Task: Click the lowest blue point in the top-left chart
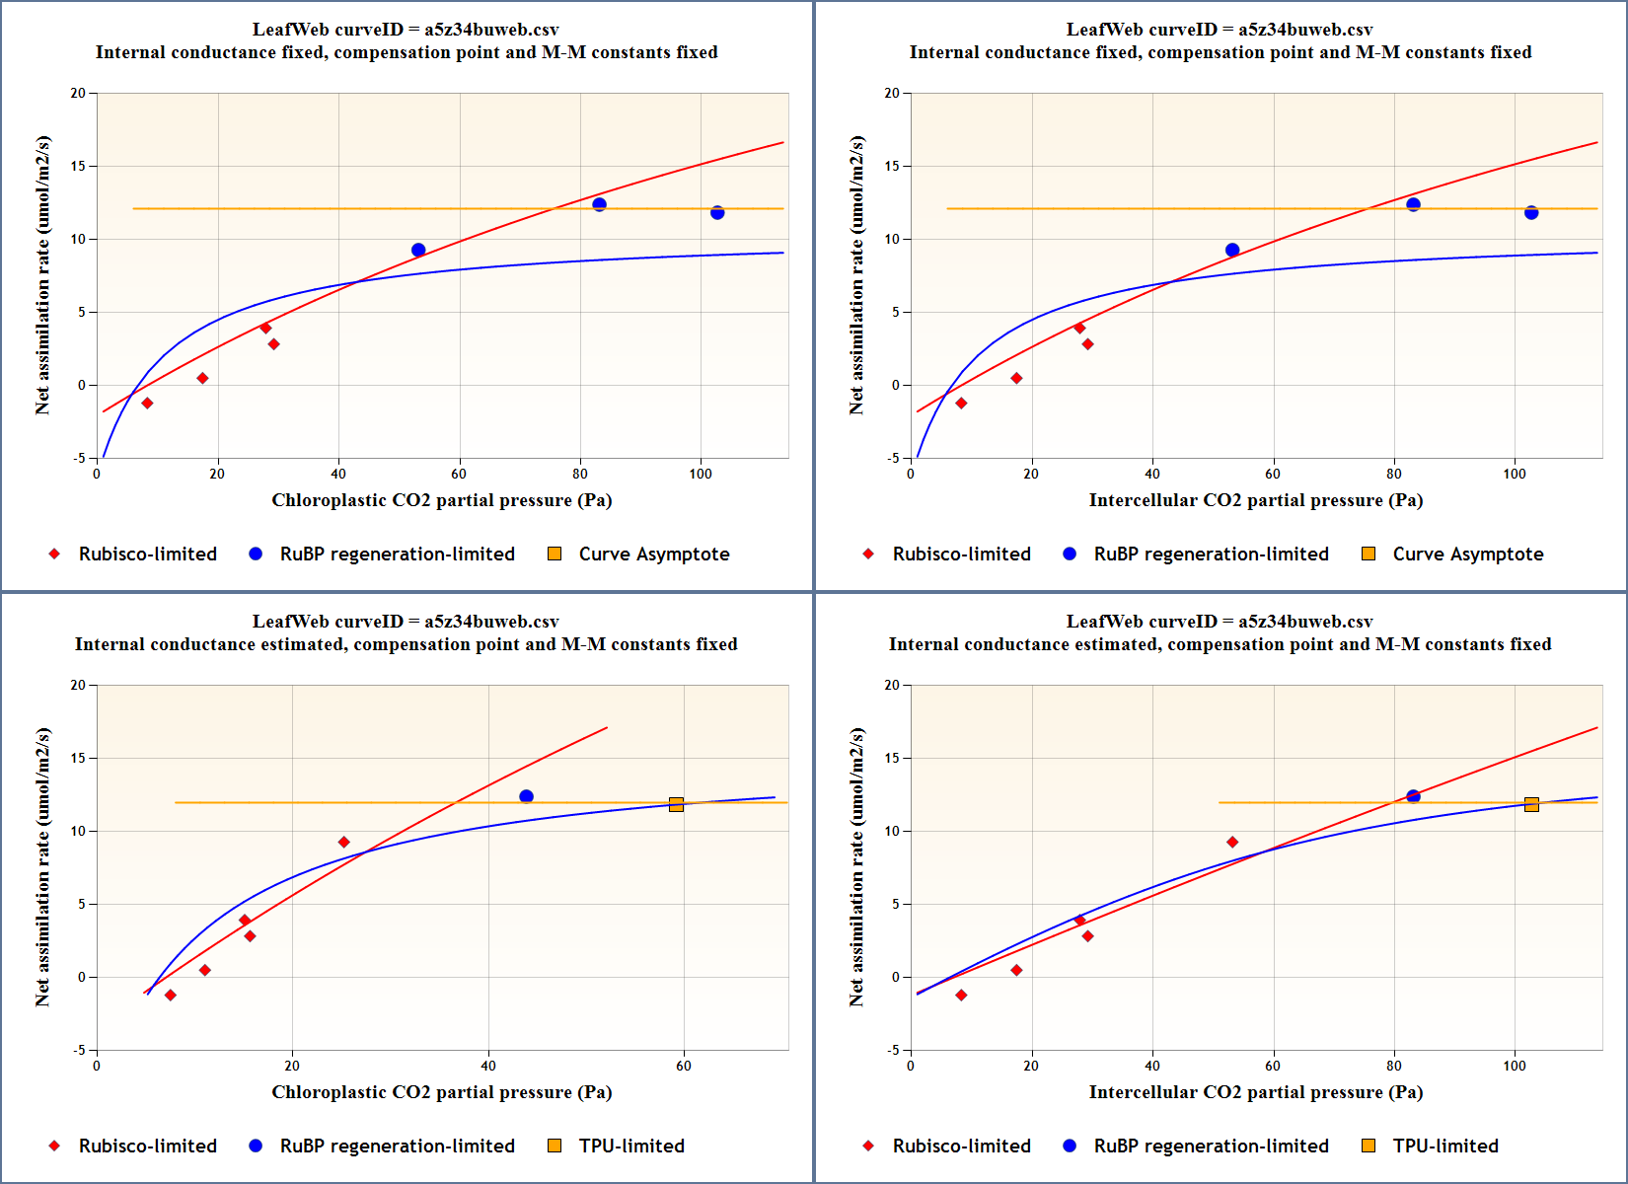pyautogui.click(x=418, y=251)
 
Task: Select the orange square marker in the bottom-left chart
pyautogui.click(x=676, y=805)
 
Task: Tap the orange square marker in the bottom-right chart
pyautogui.click(x=1531, y=805)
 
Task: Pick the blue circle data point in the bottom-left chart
pyautogui.click(x=526, y=796)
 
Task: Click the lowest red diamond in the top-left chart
pyautogui.click(x=147, y=404)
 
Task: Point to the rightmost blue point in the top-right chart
pyautogui.click(x=1531, y=213)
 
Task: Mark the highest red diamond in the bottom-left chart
pyautogui.click(x=343, y=843)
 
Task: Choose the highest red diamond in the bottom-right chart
pyautogui.click(x=1232, y=843)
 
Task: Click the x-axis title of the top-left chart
pyautogui.click(x=442, y=500)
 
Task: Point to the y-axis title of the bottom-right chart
pyautogui.click(x=856, y=867)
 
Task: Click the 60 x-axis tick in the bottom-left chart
pyautogui.click(x=684, y=1066)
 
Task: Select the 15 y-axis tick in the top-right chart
pyautogui.click(x=892, y=166)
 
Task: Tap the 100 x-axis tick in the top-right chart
pyautogui.click(x=1515, y=474)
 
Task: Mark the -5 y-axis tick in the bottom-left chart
pyautogui.click(x=79, y=1050)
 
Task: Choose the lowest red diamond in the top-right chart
pyautogui.click(x=961, y=404)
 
